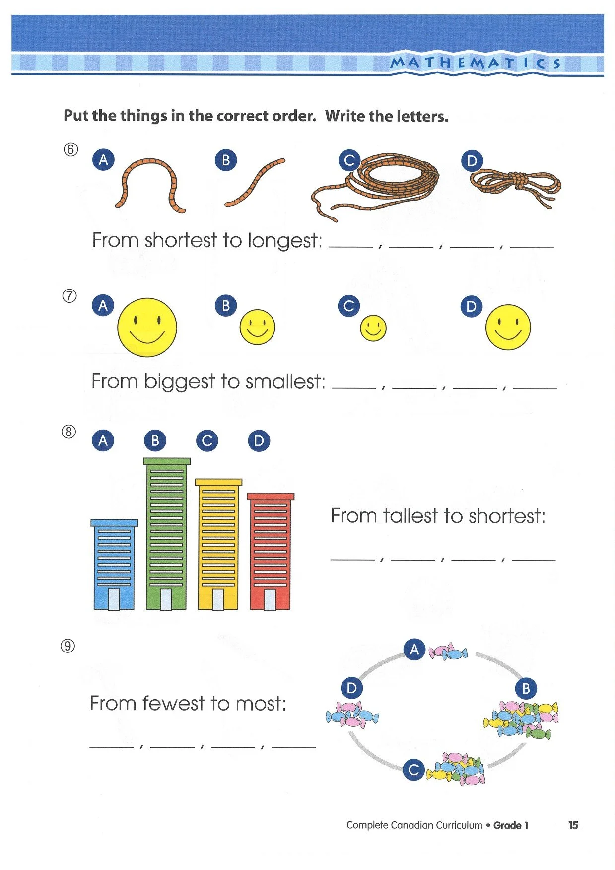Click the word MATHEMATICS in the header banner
click(476, 63)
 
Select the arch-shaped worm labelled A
click(149, 184)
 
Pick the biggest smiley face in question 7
click(147, 327)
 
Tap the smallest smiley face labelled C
click(373, 328)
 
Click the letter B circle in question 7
click(226, 306)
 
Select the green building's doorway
click(166, 599)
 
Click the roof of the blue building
click(114, 523)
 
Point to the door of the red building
click(270, 600)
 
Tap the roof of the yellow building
click(218, 482)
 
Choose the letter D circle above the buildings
click(259, 441)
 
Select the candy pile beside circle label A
click(448, 652)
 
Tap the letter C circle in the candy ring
click(413, 770)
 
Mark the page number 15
click(573, 825)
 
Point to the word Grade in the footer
click(507, 825)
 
